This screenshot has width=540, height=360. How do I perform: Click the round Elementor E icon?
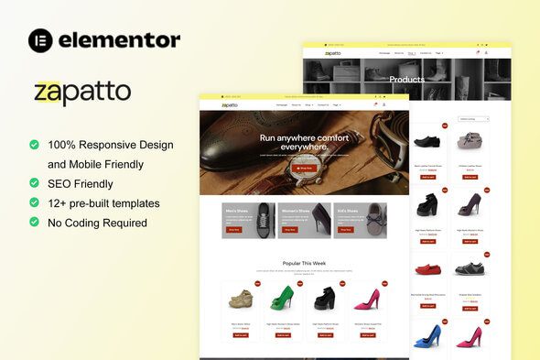click(x=40, y=39)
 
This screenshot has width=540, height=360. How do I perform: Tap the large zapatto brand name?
click(x=82, y=93)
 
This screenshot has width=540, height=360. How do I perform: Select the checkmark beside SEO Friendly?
click(x=35, y=183)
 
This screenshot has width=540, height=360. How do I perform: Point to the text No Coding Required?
click(x=98, y=222)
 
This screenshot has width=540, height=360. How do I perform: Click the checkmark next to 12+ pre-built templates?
click(x=35, y=202)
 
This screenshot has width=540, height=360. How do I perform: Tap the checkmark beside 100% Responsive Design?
click(x=35, y=145)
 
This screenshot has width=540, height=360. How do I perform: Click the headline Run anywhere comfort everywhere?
click(x=305, y=142)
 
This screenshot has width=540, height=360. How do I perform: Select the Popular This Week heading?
click(x=305, y=263)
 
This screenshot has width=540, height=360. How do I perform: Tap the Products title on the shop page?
click(x=406, y=79)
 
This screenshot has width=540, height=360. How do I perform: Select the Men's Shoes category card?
click(x=248, y=220)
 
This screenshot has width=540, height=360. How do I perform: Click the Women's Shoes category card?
click(x=304, y=220)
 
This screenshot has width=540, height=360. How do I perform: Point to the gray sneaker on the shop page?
click(x=470, y=268)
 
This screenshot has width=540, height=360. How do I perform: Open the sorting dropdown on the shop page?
click(x=473, y=119)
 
